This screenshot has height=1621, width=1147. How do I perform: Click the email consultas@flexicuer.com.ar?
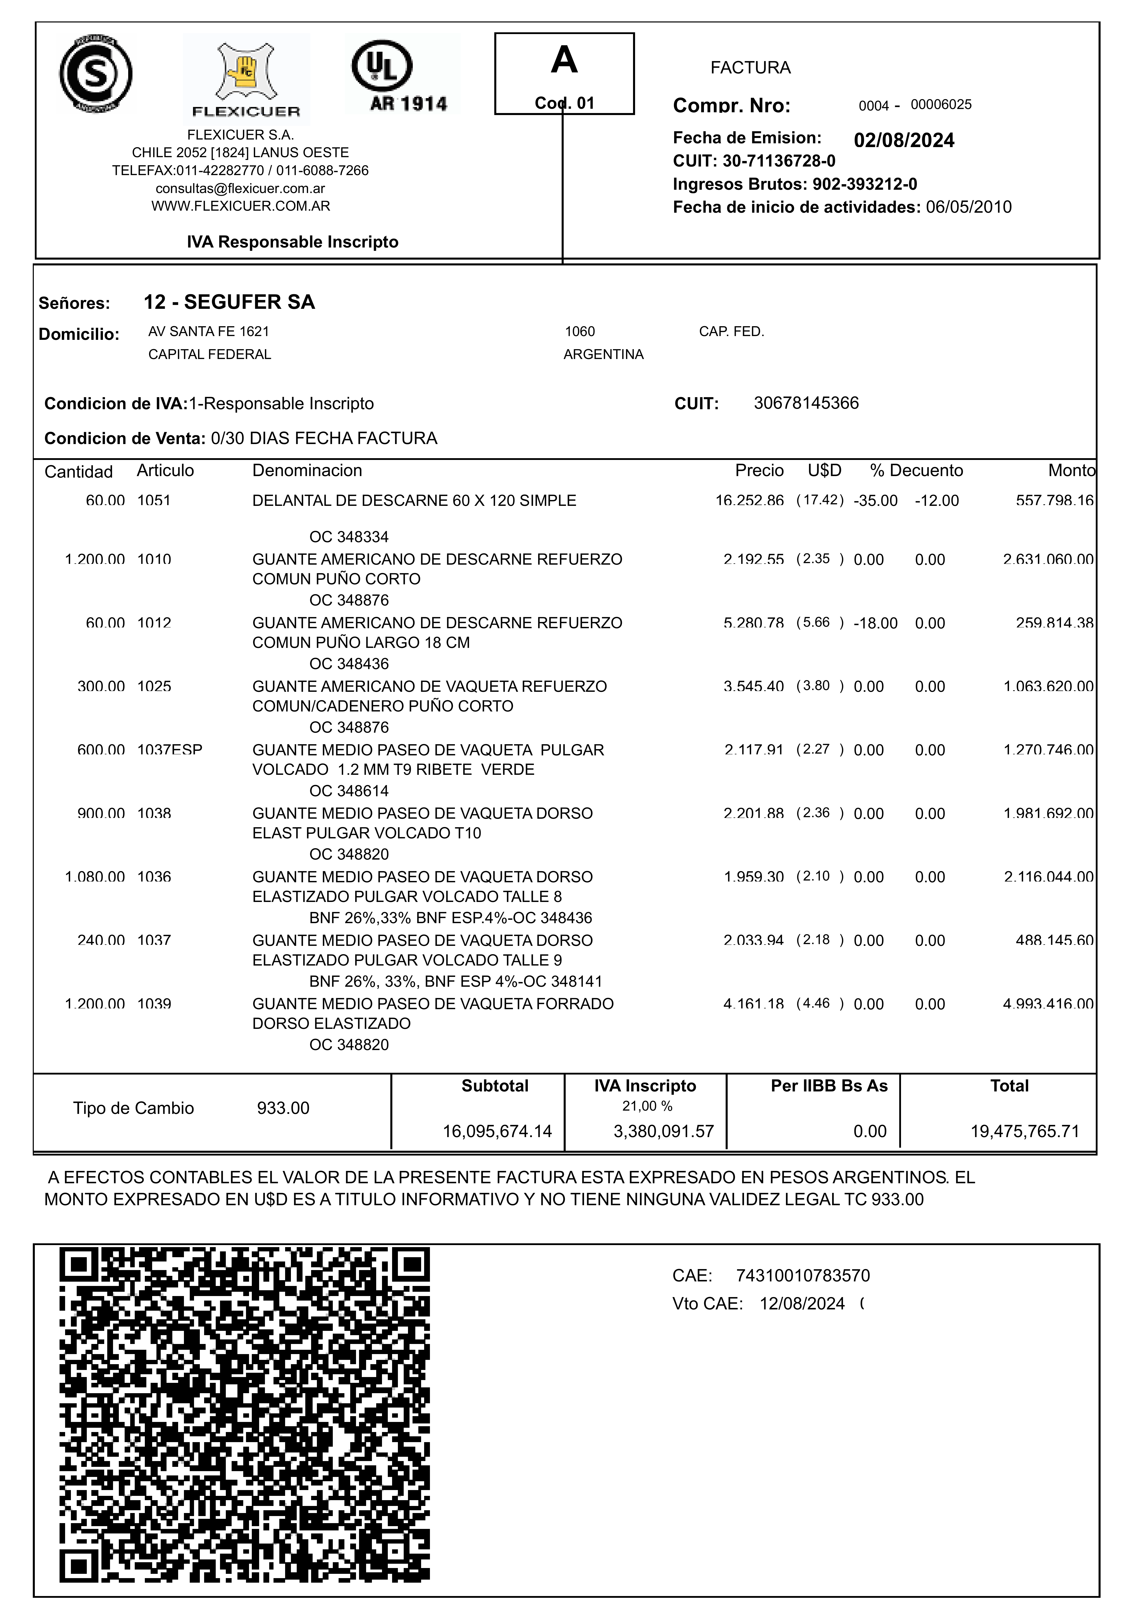pos(240,188)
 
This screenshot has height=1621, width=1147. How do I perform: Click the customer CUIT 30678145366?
pos(806,403)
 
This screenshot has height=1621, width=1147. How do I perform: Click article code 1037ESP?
pos(170,750)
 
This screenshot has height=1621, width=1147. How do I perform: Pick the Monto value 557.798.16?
pos(1054,501)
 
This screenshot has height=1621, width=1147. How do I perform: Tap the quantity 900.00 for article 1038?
pos(101,814)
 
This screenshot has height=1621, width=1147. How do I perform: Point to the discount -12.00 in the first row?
pos(937,501)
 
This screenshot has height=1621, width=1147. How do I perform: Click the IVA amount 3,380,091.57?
pos(663,1132)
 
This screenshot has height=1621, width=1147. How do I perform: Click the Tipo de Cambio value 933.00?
pos(283,1108)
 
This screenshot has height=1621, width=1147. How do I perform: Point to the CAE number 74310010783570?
pos(802,1276)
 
